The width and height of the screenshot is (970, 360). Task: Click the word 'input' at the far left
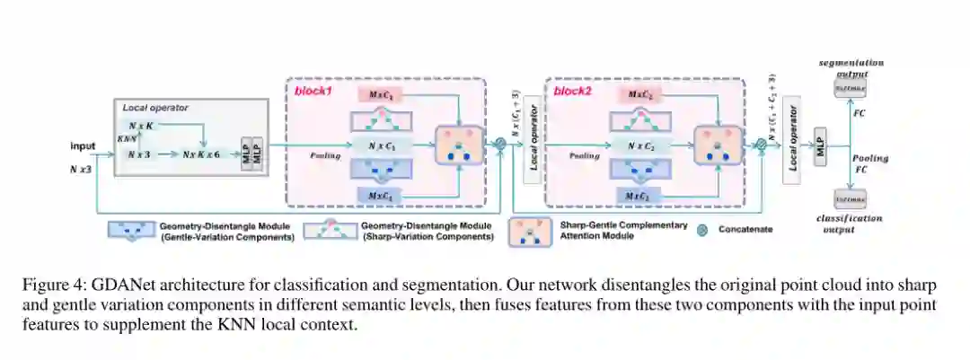point(83,145)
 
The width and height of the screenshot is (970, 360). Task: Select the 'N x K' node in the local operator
point(143,126)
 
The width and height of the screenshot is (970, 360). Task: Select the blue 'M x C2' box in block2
point(639,196)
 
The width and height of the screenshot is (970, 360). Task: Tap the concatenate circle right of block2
point(762,143)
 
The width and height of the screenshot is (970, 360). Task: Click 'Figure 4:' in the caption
point(51,285)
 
